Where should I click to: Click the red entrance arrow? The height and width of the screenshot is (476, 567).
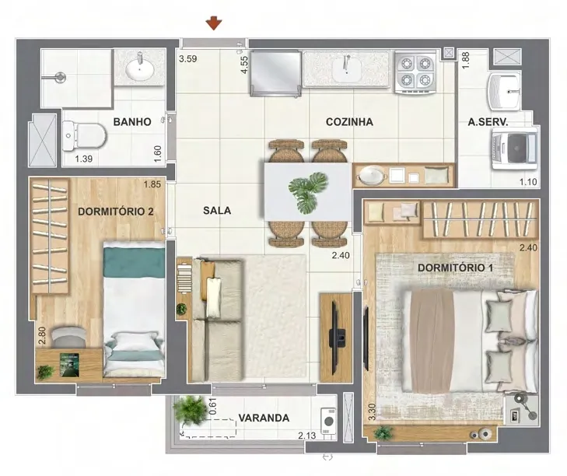214,23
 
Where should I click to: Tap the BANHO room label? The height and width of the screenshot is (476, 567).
132,121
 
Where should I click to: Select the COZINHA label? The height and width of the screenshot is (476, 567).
349,122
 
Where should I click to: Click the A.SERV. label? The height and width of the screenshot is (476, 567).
488,122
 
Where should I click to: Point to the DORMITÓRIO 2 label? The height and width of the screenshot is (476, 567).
116,212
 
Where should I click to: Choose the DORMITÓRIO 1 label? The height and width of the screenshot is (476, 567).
455,268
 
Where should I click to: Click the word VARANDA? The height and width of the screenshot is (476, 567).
264,418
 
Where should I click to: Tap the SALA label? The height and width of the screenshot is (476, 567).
217,211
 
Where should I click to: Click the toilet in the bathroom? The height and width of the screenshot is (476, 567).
84,136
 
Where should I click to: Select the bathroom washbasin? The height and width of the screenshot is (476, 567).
139,68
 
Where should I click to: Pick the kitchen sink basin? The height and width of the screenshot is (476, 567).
347,69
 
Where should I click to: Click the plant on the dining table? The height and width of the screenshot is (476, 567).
307,191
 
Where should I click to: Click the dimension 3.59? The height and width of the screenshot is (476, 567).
188,58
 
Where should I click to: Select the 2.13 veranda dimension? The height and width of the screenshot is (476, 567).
307,436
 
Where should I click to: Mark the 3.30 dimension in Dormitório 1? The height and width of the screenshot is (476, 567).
372,412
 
